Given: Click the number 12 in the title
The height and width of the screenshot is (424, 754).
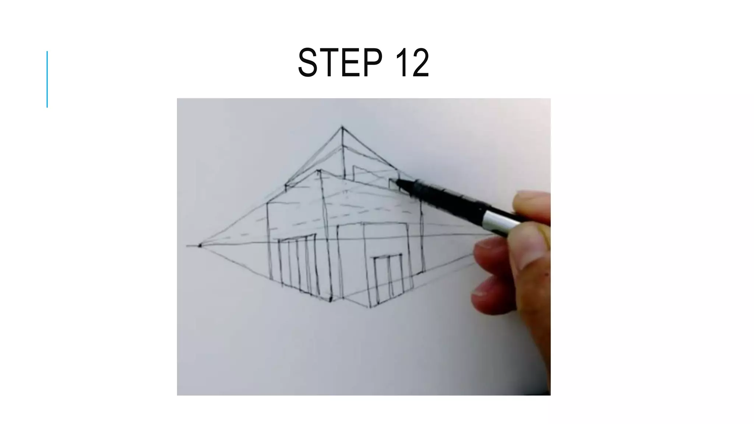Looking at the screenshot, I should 412,63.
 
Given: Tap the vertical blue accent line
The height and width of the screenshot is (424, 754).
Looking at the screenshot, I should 47,79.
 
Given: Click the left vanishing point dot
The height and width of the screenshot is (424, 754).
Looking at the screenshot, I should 200,245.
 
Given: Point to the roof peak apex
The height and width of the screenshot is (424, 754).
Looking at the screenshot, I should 342,127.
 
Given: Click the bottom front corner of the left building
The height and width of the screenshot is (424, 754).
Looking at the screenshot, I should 330,300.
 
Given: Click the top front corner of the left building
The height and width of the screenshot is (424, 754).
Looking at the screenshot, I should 319,171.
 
